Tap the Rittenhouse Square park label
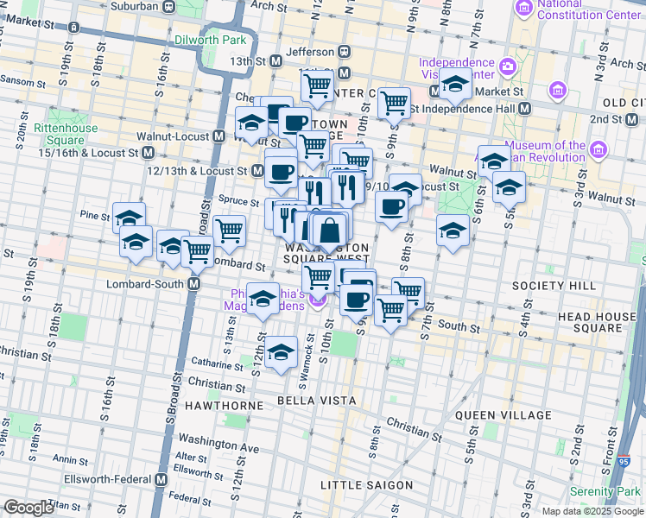(59, 135)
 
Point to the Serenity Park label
(611, 491)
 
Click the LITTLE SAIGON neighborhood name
(366, 485)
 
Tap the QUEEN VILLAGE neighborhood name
(503, 415)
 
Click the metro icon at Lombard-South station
(194, 283)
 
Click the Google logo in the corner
(28, 508)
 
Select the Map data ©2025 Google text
(591, 511)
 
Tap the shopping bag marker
(329, 232)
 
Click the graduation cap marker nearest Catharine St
(280, 353)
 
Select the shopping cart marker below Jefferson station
(317, 85)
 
